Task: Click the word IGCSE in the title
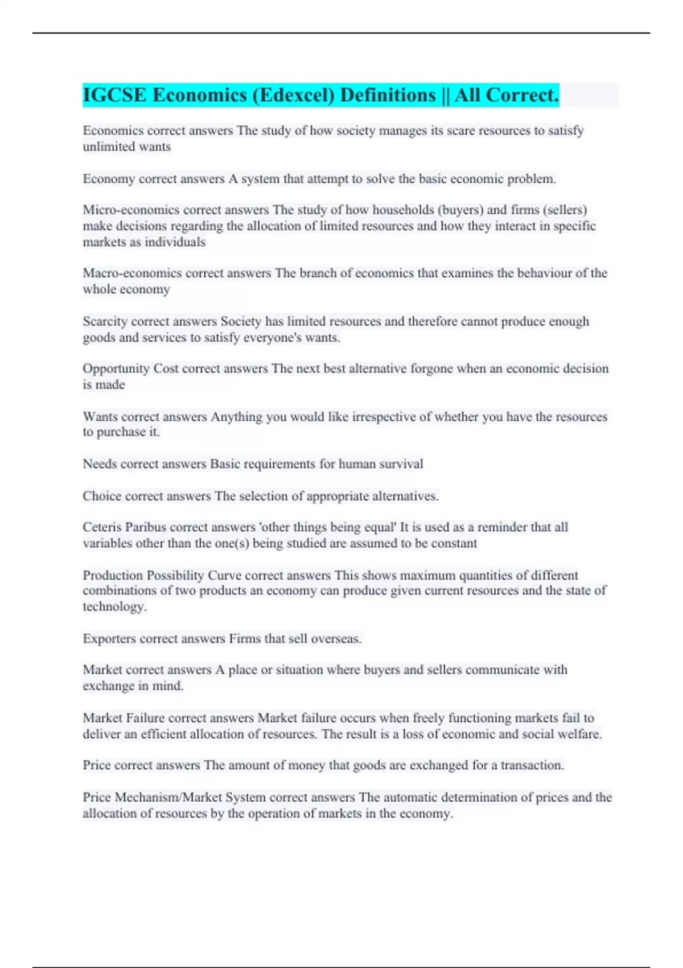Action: click(114, 95)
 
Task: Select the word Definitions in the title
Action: click(388, 95)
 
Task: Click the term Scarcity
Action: click(105, 322)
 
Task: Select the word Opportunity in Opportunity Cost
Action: click(116, 369)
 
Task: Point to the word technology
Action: click(114, 607)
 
